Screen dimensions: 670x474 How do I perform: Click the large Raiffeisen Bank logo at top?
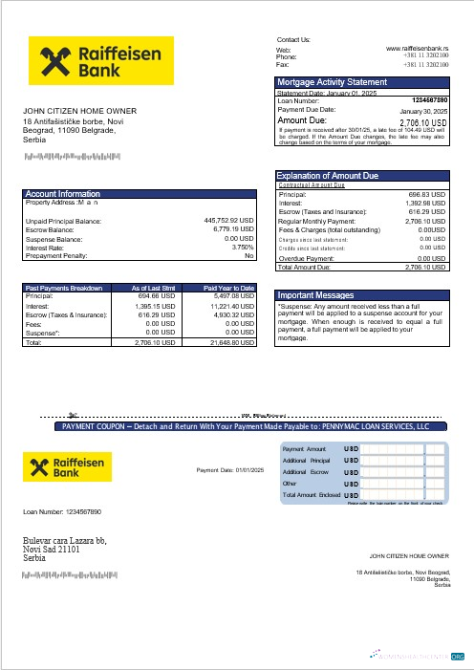pos(101,62)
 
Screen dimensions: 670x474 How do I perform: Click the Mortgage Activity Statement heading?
pos(332,83)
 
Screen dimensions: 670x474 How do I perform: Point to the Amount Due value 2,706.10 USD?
pos(422,123)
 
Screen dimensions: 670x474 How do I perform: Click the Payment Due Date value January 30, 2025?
pos(420,111)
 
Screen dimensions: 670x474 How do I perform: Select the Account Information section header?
pos(63,194)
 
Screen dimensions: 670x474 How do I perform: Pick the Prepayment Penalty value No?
pos(249,255)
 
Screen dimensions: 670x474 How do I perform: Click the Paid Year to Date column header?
pos(229,287)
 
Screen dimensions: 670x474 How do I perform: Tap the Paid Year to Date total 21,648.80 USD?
pos(231,341)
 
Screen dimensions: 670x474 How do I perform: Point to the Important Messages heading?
pos(315,295)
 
